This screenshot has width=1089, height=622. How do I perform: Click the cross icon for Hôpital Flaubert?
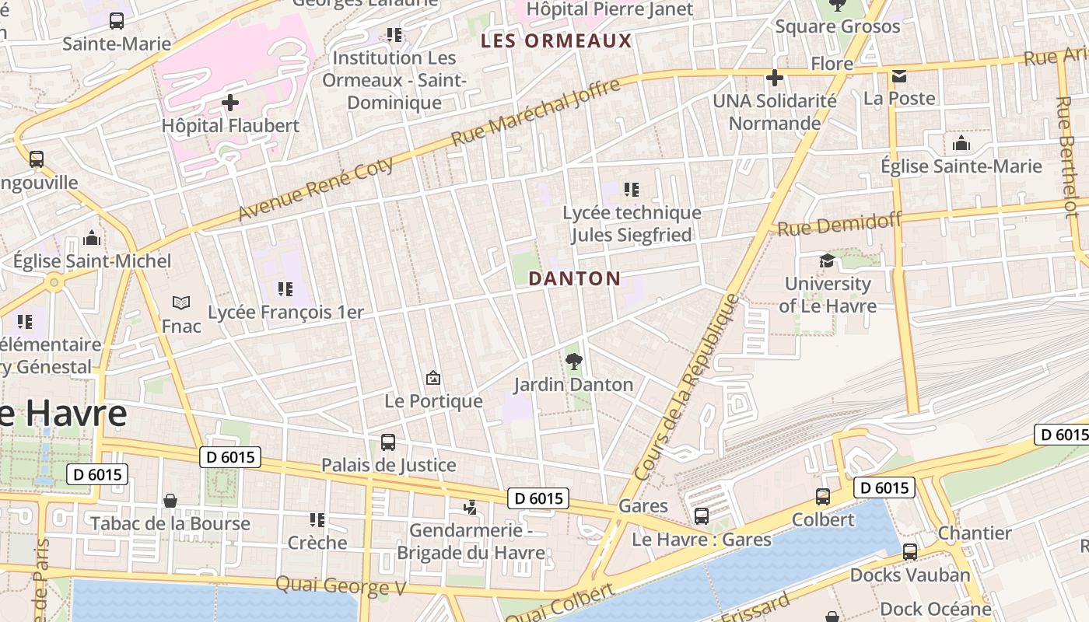[x=230, y=102]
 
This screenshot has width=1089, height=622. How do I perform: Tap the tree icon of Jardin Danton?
[x=574, y=361]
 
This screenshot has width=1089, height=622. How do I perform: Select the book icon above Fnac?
[x=181, y=302]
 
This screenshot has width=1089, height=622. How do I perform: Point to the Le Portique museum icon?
[x=433, y=378]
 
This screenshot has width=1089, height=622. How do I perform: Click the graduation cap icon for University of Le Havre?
[x=827, y=260]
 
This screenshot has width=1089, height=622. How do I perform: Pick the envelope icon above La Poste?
[x=899, y=75]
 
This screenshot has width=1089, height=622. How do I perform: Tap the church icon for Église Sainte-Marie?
[x=961, y=143]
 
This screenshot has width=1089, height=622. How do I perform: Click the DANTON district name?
[x=575, y=278]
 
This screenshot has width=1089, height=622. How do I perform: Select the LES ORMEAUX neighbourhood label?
[x=556, y=40]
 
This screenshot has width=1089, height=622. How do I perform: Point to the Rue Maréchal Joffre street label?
[x=536, y=111]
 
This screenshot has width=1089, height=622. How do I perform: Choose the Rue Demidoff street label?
[x=839, y=225]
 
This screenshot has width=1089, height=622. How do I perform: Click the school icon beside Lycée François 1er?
[x=285, y=289]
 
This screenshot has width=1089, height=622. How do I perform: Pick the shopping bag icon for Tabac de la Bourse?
[x=170, y=501]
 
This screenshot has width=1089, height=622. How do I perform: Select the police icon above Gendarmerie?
[x=470, y=508]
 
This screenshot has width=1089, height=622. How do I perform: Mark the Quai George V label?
[x=341, y=585]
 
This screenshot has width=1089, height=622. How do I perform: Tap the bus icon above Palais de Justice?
[x=388, y=442]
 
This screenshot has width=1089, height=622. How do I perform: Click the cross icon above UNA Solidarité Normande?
[x=775, y=77]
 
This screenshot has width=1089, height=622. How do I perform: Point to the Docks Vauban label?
[x=910, y=575]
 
